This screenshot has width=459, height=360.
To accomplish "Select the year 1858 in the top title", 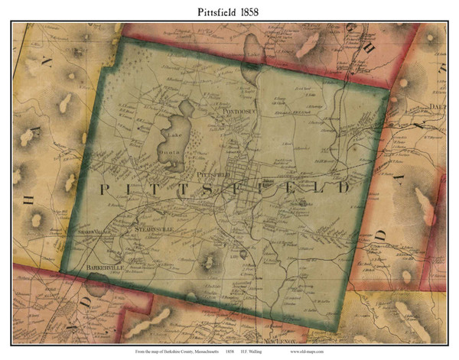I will tap(259, 10).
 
